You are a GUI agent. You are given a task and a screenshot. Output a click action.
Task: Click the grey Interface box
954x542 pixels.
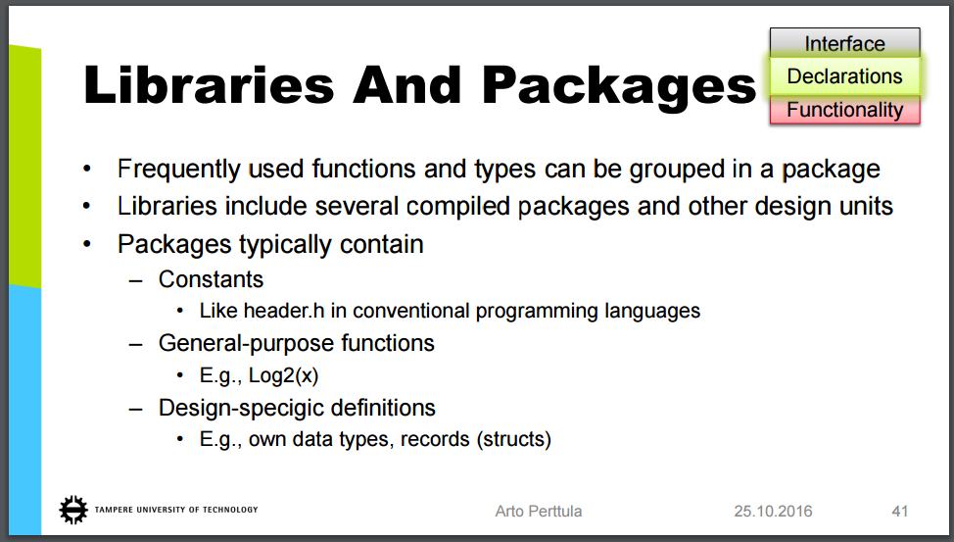pos(844,42)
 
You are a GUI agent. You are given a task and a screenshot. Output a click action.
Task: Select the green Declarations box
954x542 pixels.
pos(844,76)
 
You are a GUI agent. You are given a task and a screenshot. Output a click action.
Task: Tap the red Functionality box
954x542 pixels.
pos(844,110)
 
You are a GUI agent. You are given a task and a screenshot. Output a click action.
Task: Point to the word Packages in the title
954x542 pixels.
pos(619,86)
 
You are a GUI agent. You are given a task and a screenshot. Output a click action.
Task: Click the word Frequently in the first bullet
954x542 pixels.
pos(179,170)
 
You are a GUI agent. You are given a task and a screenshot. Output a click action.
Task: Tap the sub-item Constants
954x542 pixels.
pos(212,279)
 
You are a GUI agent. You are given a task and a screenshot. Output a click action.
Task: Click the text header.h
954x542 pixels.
pos(284,311)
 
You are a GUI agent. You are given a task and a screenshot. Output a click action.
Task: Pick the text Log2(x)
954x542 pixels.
pos(283,375)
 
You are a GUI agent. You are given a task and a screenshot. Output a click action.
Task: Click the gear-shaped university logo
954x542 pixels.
pos(73,510)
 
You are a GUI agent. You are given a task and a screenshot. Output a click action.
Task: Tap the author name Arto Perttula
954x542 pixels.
pos(539,511)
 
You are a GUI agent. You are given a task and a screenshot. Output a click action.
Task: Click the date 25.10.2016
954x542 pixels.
pos(773,511)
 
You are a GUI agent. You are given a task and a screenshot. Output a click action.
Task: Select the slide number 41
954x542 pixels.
pos(900,511)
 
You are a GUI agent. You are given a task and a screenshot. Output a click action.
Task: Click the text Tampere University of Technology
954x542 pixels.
pos(176,510)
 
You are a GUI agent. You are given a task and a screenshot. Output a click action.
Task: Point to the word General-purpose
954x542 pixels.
pos(246,343)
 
